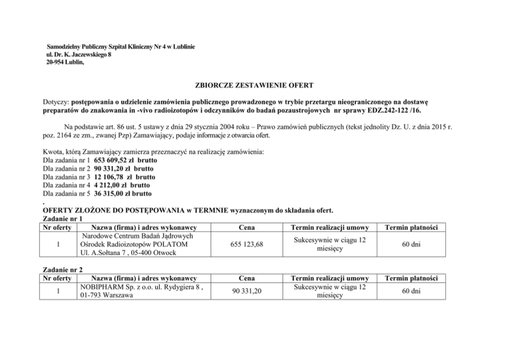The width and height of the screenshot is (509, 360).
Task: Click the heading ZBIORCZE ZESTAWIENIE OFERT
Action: pos(254,86)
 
